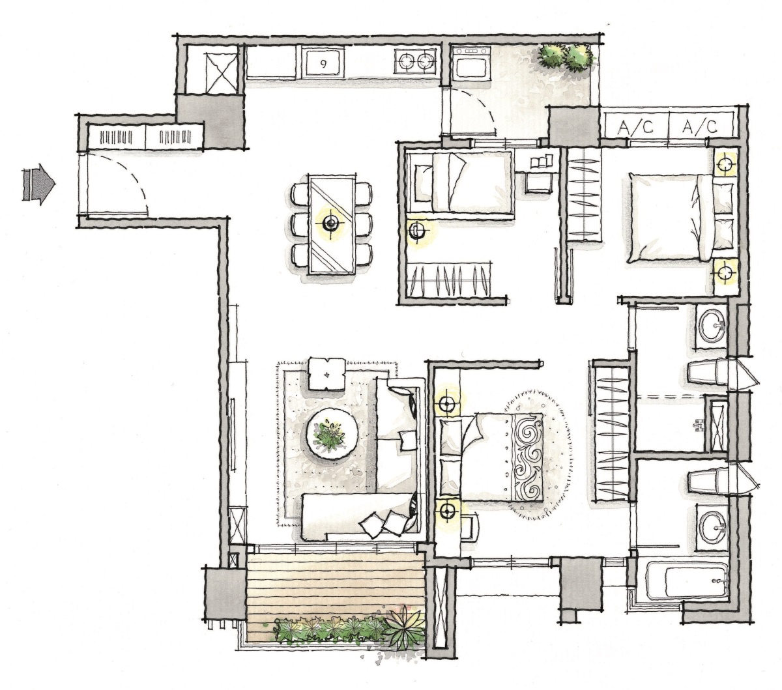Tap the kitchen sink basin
(323, 63)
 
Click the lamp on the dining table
(330, 223)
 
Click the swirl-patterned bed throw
(527, 459)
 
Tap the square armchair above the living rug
(326, 373)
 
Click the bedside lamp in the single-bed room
(416, 231)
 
